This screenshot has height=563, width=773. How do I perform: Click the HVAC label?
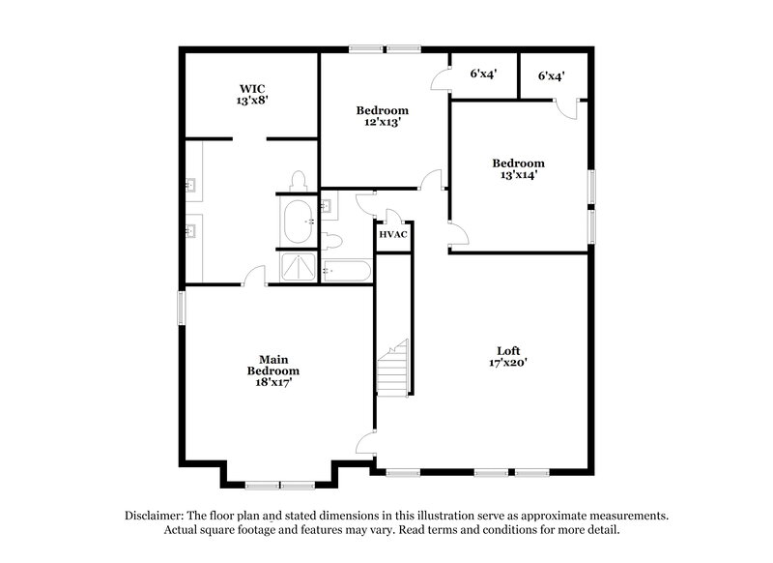tap(392, 235)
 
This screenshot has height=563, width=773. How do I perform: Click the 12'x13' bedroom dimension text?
tap(382, 123)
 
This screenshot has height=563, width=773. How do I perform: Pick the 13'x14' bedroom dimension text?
tap(518, 175)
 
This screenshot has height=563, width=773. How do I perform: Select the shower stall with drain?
tap(298, 268)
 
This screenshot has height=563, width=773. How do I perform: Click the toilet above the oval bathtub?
tap(299, 181)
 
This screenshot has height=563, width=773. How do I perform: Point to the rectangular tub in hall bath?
tap(346, 272)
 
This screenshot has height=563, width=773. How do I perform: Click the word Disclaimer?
tap(157, 516)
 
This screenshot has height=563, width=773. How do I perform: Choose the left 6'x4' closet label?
tap(483, 74)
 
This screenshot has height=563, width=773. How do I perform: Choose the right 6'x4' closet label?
tap(552, 74)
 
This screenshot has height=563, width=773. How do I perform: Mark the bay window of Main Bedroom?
tap(280, 484)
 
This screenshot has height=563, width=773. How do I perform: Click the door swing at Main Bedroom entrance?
tap(365, 444)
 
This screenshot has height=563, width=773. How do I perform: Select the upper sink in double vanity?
tap(190, 182)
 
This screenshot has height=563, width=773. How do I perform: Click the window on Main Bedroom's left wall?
tap(180, 309)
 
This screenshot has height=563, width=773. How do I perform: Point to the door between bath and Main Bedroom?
tap(255, 277)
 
